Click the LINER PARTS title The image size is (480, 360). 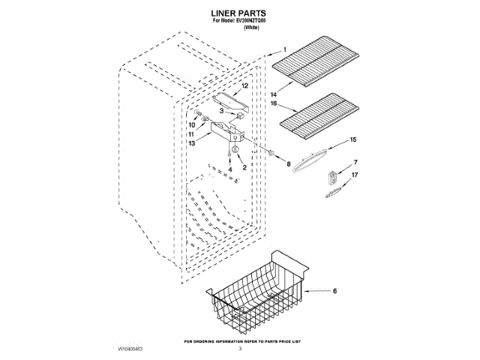[239, 13]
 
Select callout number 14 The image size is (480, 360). [274, 94]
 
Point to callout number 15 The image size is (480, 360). [353, 139]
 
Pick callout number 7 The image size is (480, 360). [355, 163]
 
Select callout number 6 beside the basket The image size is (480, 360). [335, 290]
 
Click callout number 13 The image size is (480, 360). [192, 142]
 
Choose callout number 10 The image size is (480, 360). [191, 124]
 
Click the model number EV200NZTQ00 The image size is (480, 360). [258, 22]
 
